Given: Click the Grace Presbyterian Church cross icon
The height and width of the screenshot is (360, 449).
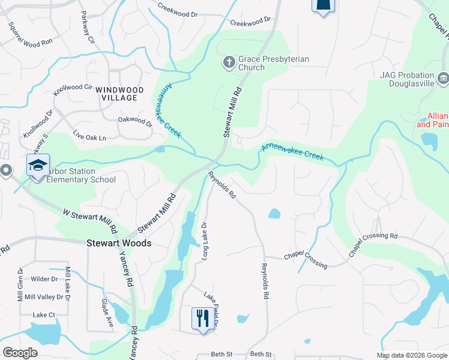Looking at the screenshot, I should point(229,61).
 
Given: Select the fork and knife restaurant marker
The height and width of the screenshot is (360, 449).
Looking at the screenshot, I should point(202,317).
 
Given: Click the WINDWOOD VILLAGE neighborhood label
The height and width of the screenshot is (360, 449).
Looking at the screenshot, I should point(119,94).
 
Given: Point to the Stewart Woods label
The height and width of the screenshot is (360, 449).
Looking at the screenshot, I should point(118,244).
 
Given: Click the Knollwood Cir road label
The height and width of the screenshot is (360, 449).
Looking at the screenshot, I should point(73,91).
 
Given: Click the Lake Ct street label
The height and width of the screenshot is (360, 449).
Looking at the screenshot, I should point(44,315).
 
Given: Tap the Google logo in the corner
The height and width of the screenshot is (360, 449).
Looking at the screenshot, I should point(20,353).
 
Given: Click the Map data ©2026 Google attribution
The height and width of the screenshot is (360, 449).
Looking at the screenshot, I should point(411,355).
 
